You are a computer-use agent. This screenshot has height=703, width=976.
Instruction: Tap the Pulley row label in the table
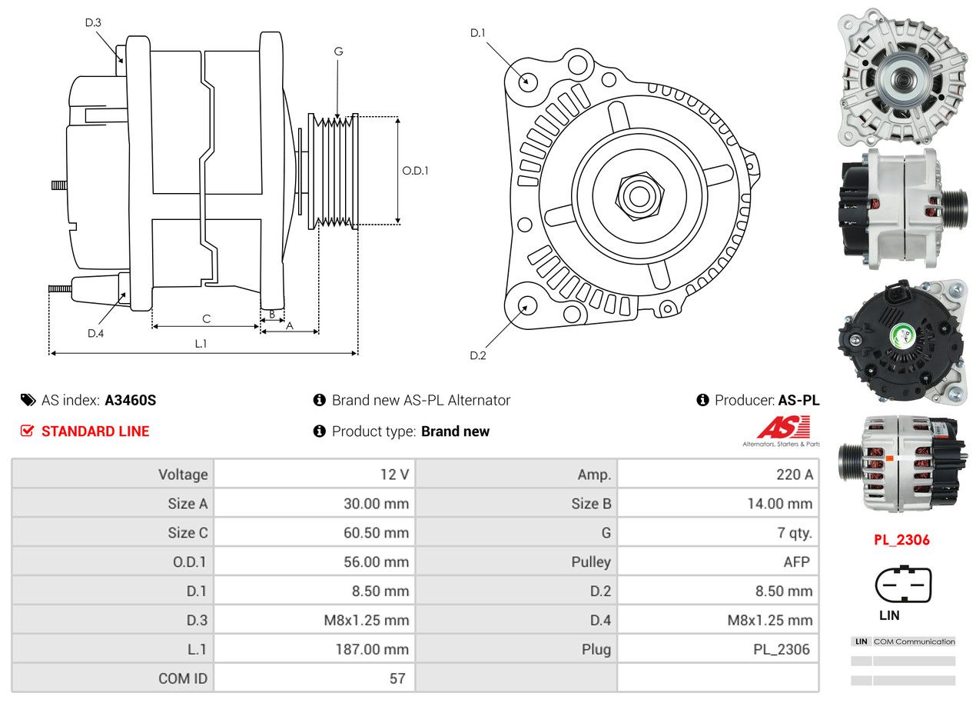[x=590, y=562]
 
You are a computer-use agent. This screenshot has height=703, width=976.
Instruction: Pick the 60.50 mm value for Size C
[x=376, y=533]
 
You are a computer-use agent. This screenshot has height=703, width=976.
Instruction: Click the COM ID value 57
[x=397, y=678]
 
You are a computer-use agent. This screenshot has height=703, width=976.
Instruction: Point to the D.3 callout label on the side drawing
[x=93, y=22]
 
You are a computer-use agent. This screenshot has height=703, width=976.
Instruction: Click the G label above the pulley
[x=338, y=52]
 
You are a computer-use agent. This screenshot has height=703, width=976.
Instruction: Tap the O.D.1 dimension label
[x=415, y=171]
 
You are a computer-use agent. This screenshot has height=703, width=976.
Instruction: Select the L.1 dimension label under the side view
[x=201, y=344]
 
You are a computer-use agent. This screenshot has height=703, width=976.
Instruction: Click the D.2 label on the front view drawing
[x=478, y=355]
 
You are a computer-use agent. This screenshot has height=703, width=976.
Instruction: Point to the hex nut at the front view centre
[x=638, y=195]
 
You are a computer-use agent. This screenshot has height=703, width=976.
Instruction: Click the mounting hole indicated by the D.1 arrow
[x=527, y=81]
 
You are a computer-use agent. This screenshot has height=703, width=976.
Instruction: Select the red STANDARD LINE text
[x=95, y=431]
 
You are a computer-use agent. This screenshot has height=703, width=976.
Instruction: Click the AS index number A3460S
[x=131, y=400]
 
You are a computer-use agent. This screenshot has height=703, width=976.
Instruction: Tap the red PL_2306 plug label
[x=901, y=540]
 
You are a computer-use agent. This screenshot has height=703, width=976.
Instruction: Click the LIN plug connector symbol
[x=903, y=585]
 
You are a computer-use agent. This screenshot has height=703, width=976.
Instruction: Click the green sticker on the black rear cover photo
[x=901, y=335]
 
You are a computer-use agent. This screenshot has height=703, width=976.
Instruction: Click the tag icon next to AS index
[x=28, y=400]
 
